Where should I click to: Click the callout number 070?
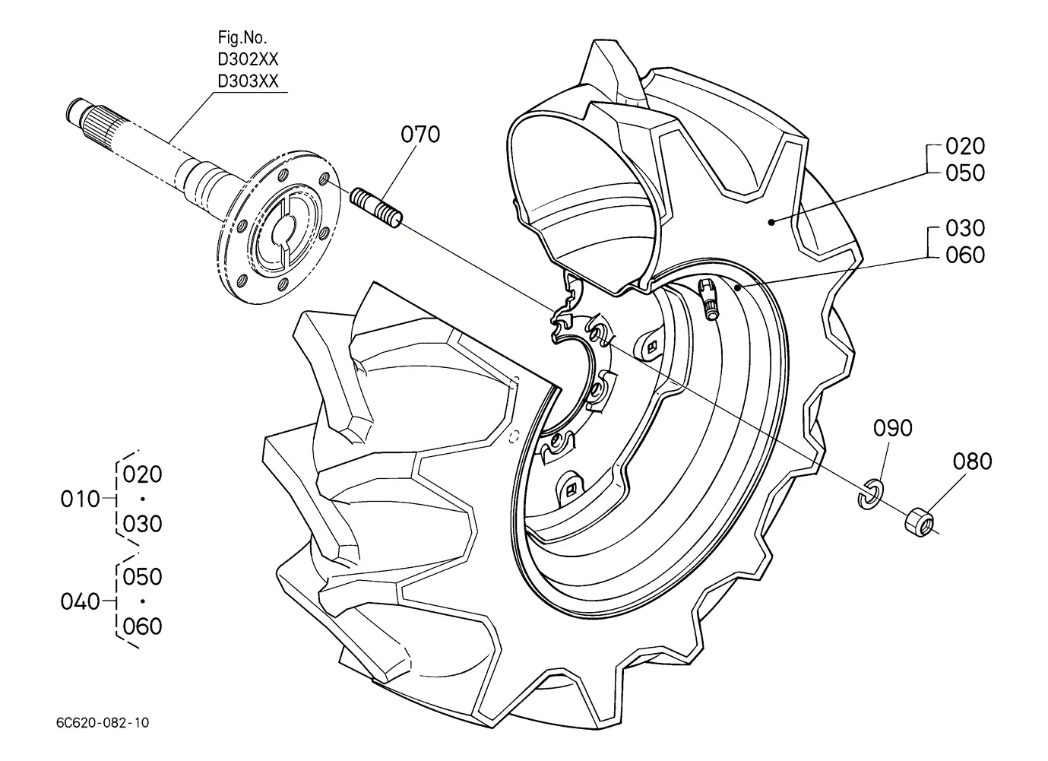[420, 135]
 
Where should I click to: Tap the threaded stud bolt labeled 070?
[376, 208]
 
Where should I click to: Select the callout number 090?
[893, 428]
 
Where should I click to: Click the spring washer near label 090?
[869, 494]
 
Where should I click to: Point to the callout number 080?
[973, 461]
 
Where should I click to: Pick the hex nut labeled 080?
[920, 524]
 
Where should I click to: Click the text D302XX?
[248, 59]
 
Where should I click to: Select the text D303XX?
[248, 81]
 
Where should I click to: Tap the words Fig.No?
[242, 37]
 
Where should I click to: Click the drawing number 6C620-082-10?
[103, 723]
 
